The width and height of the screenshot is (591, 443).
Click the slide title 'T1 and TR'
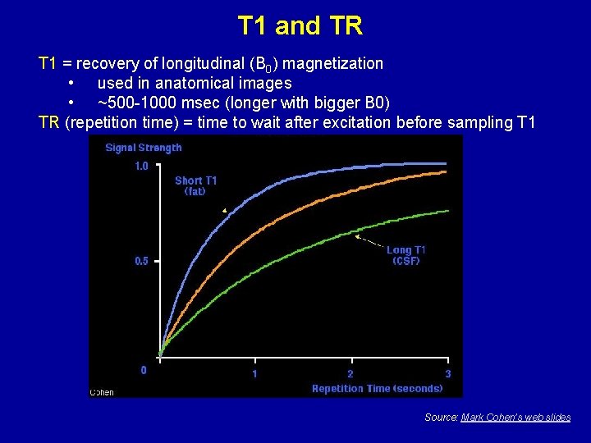300,26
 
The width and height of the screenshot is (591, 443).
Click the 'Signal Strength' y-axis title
144,148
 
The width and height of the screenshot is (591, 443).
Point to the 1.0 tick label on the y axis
141,167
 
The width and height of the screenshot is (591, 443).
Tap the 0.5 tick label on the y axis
141,262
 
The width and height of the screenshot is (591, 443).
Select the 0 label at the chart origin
144,370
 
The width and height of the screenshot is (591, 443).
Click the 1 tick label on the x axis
254,374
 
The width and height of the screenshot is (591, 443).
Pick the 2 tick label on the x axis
350,374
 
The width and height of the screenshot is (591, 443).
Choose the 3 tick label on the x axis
447,374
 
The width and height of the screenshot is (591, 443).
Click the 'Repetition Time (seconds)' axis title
377,389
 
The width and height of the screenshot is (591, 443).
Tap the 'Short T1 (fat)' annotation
195,185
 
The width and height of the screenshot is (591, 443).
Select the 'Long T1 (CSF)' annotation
405,255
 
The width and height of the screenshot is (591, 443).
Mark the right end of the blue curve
447,163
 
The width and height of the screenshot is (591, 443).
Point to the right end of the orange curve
447,172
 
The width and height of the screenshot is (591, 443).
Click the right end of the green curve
447,211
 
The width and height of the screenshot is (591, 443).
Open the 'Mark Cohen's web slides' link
515,418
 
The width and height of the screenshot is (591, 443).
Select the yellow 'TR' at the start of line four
49,123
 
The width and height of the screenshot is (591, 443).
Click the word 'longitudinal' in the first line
193,63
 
